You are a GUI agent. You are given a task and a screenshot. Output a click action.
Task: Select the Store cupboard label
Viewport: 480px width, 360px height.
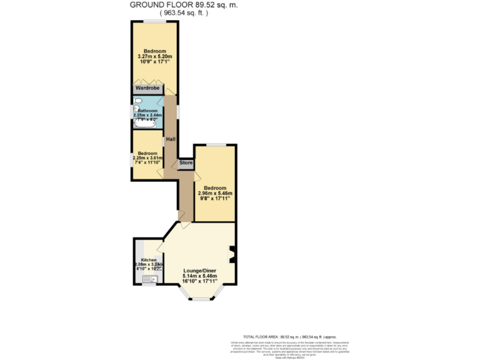click(186, 163)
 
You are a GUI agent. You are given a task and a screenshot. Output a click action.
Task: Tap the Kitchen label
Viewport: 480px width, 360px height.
click(149, 259)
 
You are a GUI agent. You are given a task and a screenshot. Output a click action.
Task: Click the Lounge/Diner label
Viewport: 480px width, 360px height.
click(199, 270)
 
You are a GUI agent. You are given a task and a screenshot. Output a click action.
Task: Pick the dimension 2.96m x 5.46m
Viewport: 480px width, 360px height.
click(214, 193)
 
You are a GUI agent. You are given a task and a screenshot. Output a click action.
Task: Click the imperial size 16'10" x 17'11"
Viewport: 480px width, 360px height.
click(199, 282)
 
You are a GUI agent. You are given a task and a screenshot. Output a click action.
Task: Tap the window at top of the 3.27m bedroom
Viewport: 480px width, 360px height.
click(154, 22)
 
